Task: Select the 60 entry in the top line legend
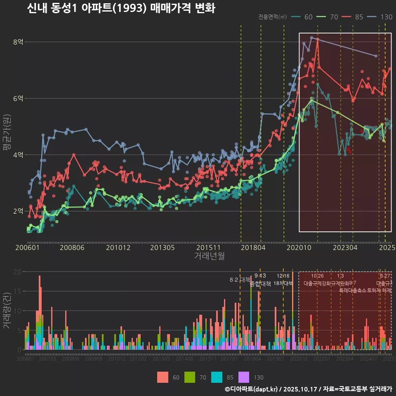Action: [308, 17]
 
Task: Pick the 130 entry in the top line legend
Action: [386, 17]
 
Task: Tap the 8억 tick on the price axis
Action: [19, 42]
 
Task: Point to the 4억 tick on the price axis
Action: [19, 155]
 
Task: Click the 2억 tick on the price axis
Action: [19, 211]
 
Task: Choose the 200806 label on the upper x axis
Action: [72, 247]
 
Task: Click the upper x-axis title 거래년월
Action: [209, 256]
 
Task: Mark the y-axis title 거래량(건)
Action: [7, 311]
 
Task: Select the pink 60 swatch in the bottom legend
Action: [163, 377]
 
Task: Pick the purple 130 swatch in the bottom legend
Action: [244, 377]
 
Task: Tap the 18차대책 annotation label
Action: [283, 283]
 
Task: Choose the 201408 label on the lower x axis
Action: [184, 359]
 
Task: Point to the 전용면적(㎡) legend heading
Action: [273, 17]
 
